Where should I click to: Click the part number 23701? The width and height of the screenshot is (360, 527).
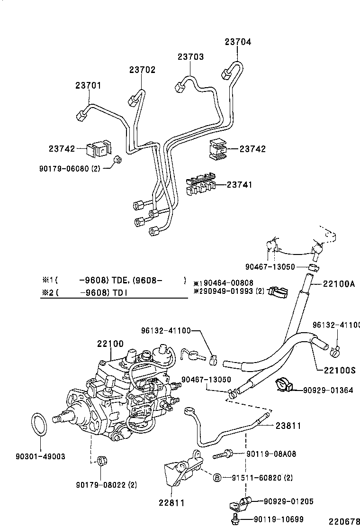click(88, 85)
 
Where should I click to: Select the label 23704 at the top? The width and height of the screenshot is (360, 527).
click(238, 42)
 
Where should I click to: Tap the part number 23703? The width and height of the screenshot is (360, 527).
click(190, 57)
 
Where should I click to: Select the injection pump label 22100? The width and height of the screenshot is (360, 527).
click(110, 344)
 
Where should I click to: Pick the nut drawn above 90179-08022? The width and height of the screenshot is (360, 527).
click(100, 461)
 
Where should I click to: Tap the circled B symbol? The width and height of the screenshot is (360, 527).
click(216, 477)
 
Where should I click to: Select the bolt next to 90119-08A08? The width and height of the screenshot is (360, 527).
click(223, 454)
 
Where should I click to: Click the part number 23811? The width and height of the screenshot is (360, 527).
click(288, 426)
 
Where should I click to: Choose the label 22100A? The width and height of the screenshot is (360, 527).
click(339, 284)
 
